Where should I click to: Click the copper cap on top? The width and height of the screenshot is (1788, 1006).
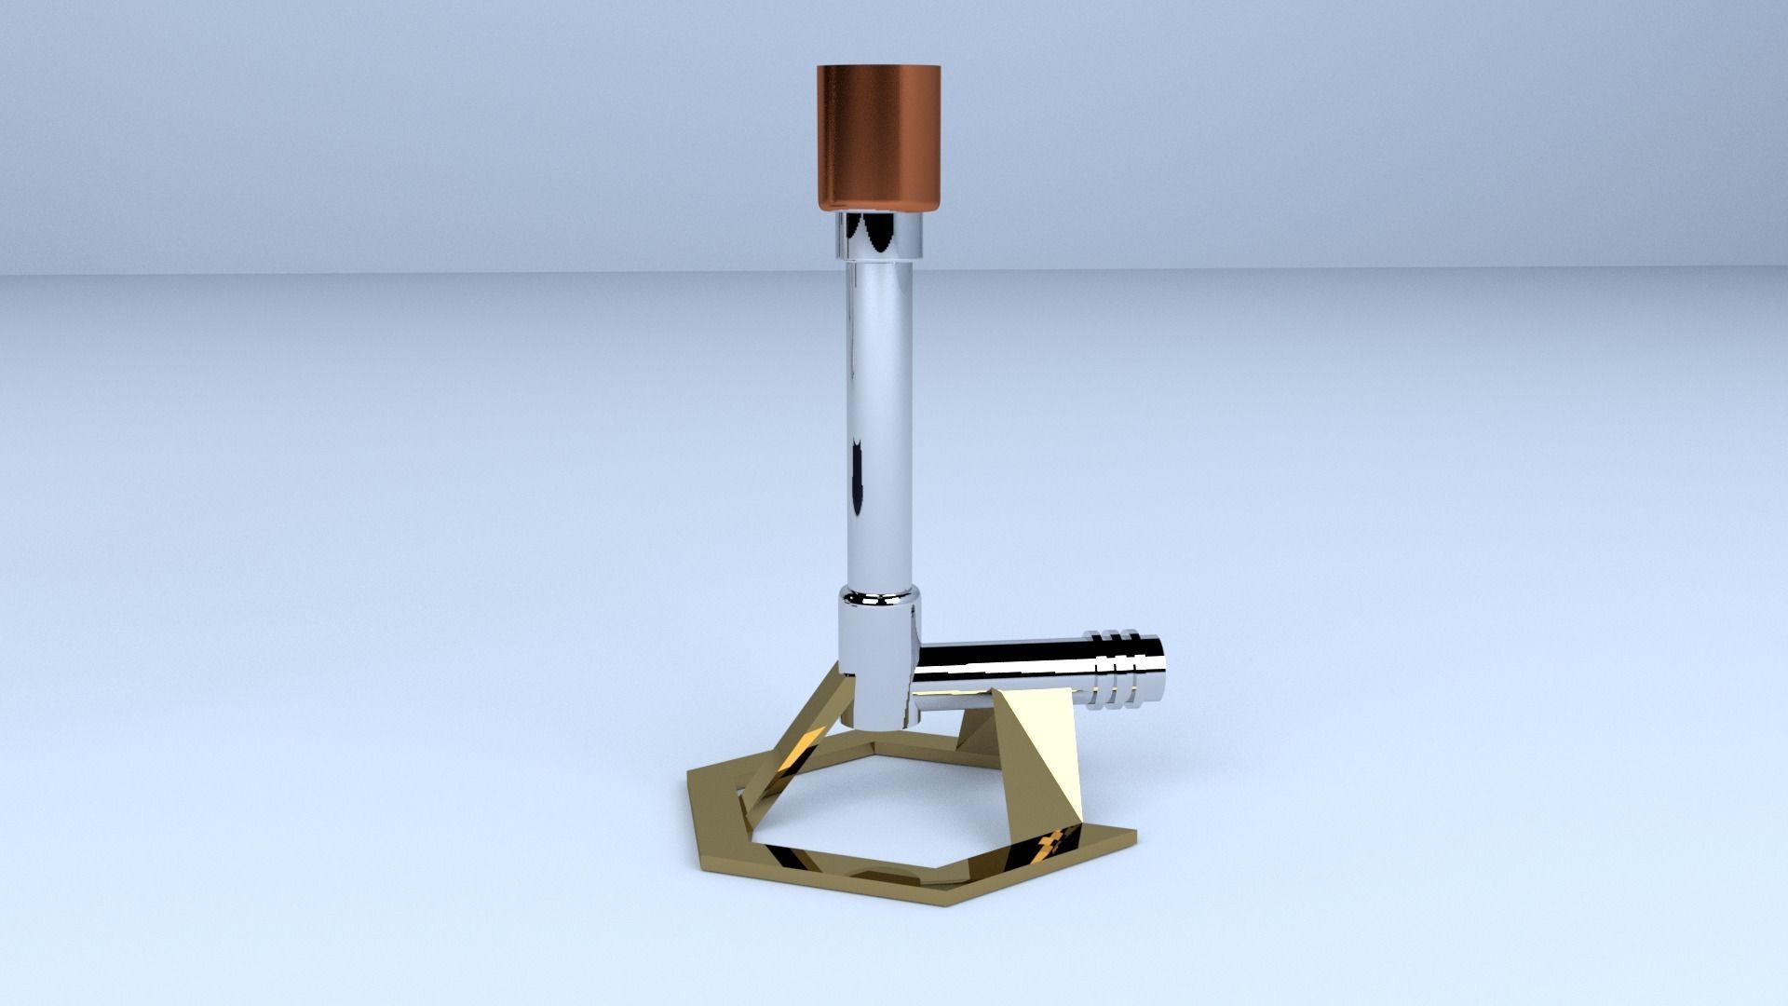(x=879, y=135)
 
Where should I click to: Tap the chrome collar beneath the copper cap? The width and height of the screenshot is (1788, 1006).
(x=878, y=234)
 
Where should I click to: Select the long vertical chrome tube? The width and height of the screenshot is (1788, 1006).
(x=880, y=419)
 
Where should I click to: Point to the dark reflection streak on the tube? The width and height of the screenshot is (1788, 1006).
(x=855, y=484)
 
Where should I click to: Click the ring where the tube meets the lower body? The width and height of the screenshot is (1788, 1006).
(x=878, y=596)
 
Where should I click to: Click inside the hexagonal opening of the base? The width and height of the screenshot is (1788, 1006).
(x=885, y=801)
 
